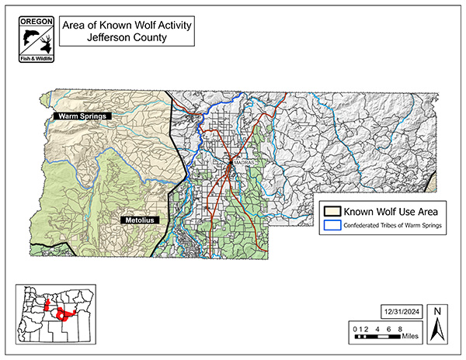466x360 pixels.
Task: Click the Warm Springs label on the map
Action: coord(82,116)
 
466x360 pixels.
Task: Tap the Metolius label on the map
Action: coord(137,221)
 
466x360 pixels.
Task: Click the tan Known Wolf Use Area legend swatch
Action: coord(334,211)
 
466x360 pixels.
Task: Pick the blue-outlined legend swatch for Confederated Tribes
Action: coord(334,226)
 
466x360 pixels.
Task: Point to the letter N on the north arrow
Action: coord(437,312)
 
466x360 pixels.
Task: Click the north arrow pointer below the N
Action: coord(437,331)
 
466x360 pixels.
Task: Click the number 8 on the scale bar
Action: coord(398,329)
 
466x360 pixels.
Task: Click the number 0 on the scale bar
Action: coord(355,329)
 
